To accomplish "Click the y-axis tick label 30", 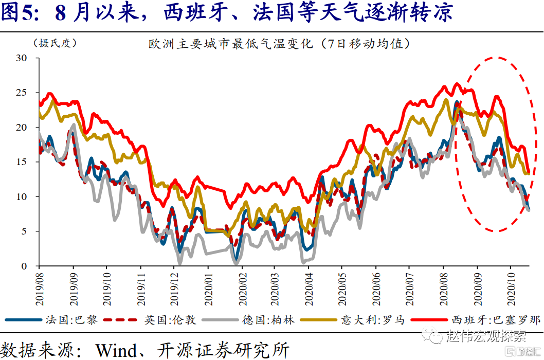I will (x=21, y=58).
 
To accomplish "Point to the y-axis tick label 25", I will (x=21, y=93).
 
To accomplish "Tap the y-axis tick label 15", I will (x=21, y=162).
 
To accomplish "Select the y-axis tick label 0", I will (x=24, y=266).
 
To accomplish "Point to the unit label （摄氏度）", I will (x=55, y=43).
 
